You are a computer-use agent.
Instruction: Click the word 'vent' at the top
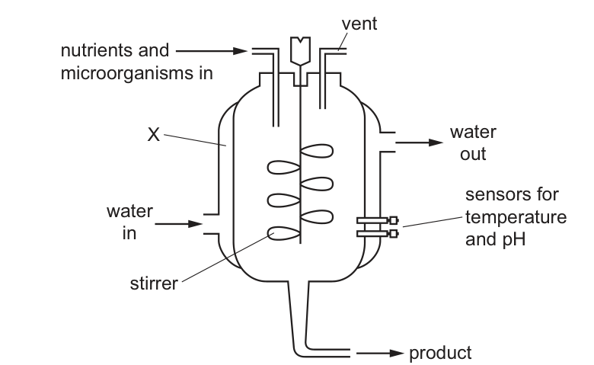359,24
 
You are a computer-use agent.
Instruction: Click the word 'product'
440,353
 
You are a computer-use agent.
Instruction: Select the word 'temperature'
515,216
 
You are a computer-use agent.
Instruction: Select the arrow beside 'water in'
179,224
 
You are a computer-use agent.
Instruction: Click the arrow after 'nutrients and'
209,52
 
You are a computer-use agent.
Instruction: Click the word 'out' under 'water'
473,153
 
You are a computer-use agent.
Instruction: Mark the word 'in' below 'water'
130,233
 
